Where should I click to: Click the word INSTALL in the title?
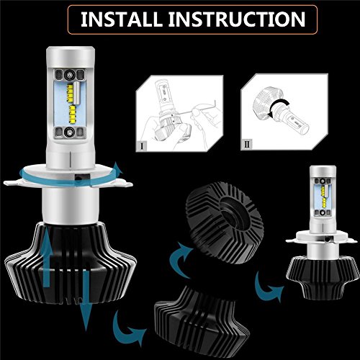pos(121,19)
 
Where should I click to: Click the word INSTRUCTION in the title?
pos(237,19)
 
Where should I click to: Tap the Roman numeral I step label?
pos(143,145)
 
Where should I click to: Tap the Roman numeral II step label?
pos(247,144)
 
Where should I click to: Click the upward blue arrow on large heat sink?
pos(48,258)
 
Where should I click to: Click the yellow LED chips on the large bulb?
pos(71,102)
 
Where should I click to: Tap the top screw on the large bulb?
pos(70,74)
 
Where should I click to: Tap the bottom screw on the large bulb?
pos(70,132)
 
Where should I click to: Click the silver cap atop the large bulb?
pos(71,57)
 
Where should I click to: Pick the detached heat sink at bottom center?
pos(202,323)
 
